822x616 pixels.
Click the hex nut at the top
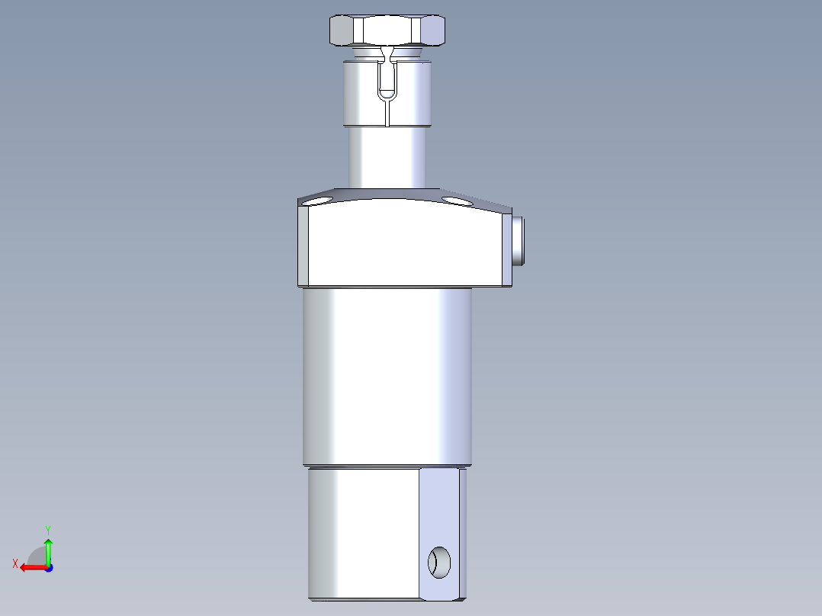tap(387, 30)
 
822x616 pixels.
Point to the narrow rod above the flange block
tap(387, 157)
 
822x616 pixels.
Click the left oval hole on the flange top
tap(318, 201)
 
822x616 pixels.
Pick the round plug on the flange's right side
tap(519, 241)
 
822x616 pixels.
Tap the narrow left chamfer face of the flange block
tap(303, 245)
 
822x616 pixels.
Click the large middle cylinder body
tap(387, 377)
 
